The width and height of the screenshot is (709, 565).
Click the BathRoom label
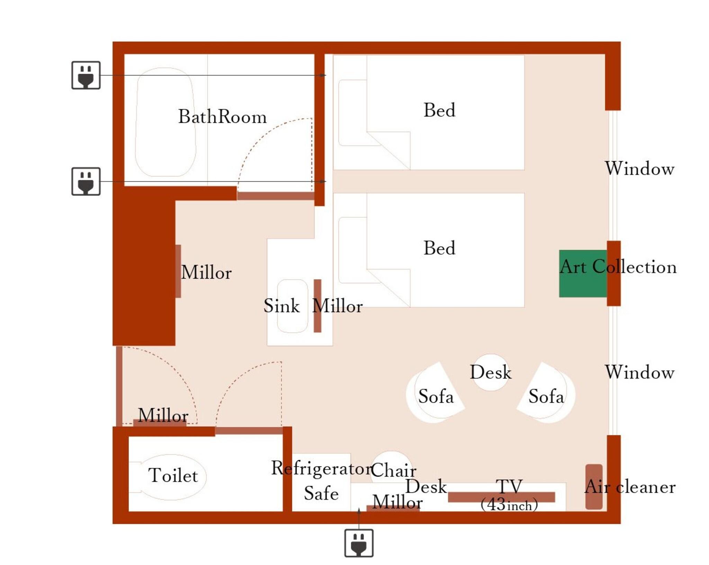point(222,117)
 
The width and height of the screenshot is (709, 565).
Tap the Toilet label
point(173,475)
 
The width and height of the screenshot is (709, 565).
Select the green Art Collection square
point(583,273)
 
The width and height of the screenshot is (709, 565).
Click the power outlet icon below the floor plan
point(359,543)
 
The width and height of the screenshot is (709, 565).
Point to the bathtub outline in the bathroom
point(165,122)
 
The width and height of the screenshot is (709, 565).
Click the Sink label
point(281,306)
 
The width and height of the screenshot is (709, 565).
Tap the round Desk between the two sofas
point(491,372)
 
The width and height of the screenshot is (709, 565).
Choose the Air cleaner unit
point(594,486)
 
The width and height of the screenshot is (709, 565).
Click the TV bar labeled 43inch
point(501,497)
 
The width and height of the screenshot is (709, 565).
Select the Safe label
point(321,493)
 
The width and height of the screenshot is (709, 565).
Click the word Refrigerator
point(321,468)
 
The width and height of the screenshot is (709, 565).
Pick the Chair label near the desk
point(394,470)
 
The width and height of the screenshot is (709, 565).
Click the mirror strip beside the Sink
point(317,306)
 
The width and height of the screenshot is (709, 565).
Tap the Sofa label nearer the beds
point(436,397)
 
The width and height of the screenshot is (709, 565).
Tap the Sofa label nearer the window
point(546,397)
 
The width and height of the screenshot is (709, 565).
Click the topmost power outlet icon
point(86,75)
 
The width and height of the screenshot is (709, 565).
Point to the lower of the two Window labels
point(639,372)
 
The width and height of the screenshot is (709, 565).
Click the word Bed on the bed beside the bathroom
point(439,110)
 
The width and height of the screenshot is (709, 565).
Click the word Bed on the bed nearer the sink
point(439,248)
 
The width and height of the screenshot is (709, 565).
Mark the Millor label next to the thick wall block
point(206,272)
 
